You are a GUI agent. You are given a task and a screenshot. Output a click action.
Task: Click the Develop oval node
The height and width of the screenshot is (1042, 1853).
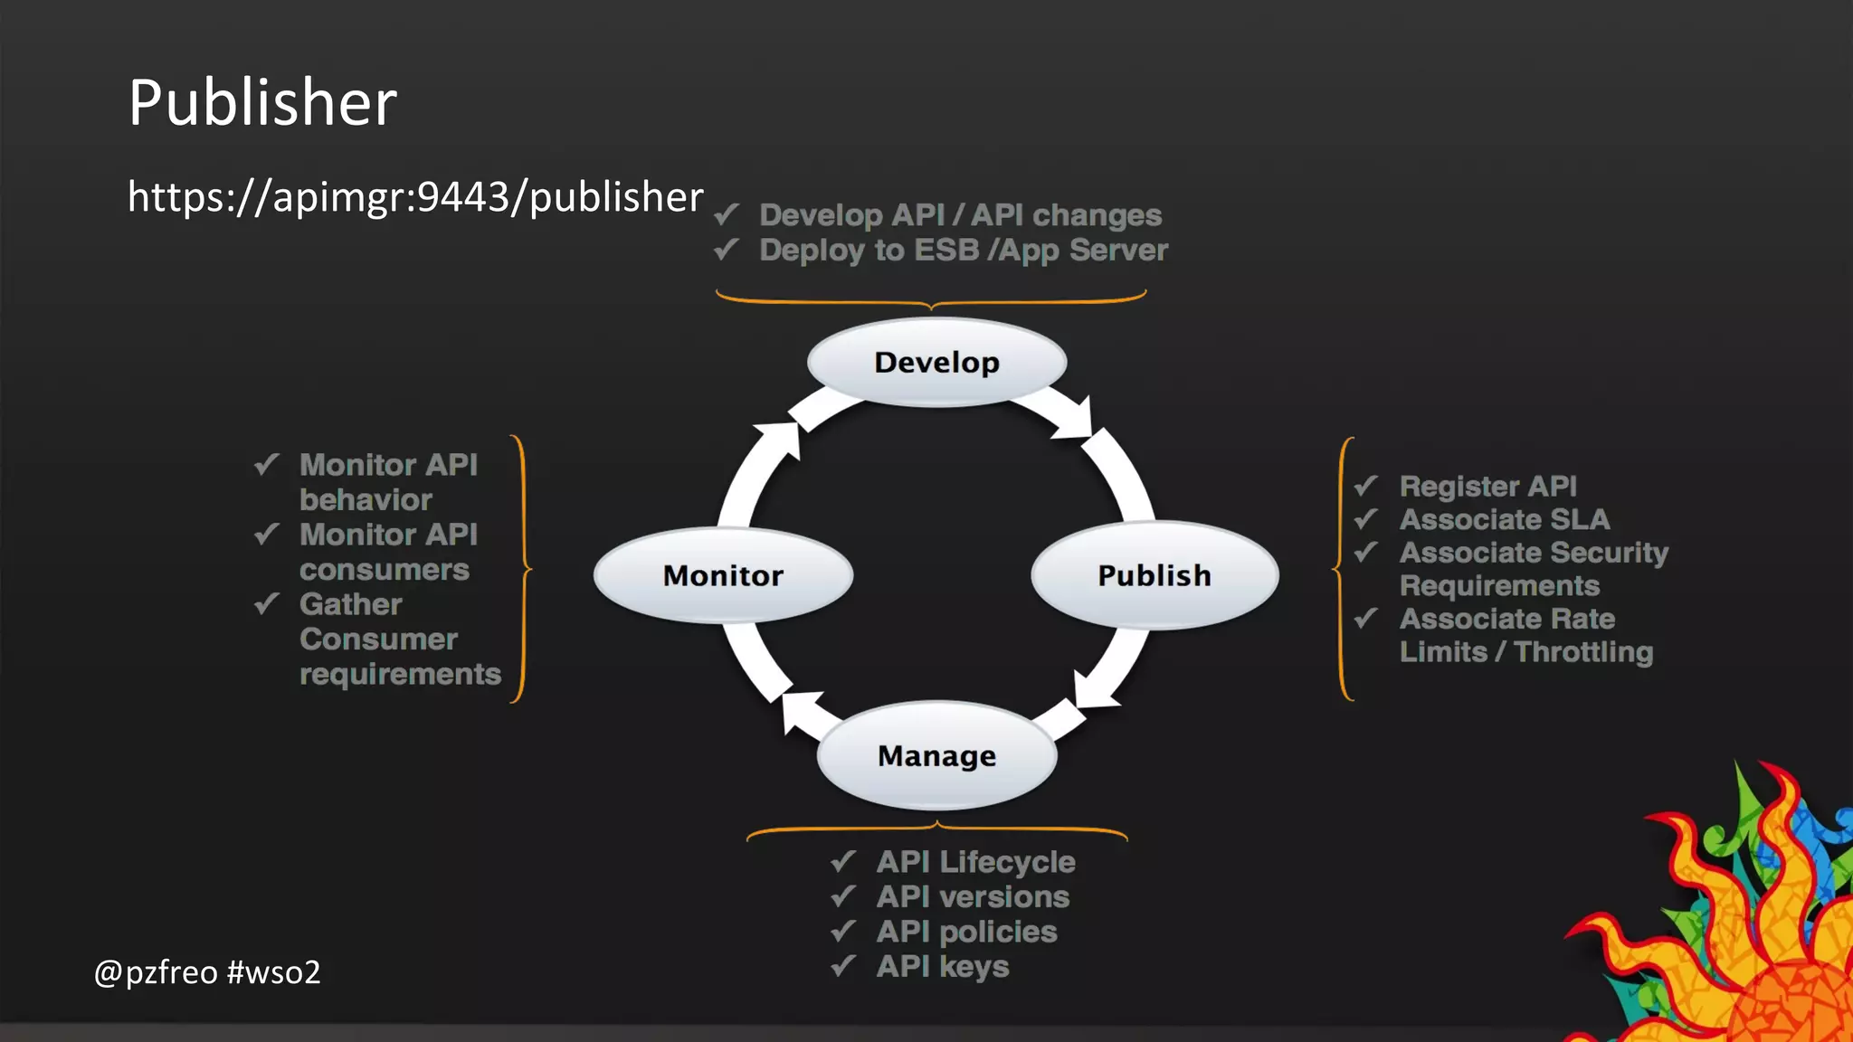coord(936,362)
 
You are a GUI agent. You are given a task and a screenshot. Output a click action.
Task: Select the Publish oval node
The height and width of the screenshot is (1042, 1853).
coord(1154,575)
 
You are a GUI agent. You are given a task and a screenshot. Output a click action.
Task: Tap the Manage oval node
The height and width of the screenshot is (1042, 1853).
coord(936,755)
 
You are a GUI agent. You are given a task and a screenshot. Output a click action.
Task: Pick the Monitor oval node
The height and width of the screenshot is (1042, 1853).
coord(723,575)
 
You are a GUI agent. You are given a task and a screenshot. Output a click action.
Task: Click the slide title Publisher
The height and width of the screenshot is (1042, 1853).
coord(262,101)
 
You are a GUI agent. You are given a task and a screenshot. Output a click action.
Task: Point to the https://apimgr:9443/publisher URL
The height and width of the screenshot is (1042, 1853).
coord(415,196)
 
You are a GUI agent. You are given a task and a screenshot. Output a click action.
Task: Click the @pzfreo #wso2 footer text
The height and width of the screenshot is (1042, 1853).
coord(207,972)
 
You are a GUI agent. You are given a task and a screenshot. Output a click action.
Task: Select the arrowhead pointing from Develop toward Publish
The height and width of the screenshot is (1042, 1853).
coord(1077,420)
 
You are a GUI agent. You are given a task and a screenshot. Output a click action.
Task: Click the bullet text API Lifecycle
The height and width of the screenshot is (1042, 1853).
coord(975,862)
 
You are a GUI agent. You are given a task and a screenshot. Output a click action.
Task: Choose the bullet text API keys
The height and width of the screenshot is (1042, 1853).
coord(942,966)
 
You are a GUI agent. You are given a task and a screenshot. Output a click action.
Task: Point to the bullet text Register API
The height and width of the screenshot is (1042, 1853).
coord(1487,486)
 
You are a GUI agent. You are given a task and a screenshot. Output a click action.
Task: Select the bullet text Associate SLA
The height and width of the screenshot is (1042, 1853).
coord(1505,519)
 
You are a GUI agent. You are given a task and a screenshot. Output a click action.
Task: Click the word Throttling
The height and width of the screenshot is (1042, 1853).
coord(1583,652)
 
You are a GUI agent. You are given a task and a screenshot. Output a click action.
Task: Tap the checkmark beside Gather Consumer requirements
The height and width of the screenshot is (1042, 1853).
coord(266,603)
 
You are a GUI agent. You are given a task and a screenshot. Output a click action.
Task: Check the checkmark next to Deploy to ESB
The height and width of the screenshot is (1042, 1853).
coord(727,249)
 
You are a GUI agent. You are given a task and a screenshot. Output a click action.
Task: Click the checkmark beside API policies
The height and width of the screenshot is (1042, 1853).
coord(843,931)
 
